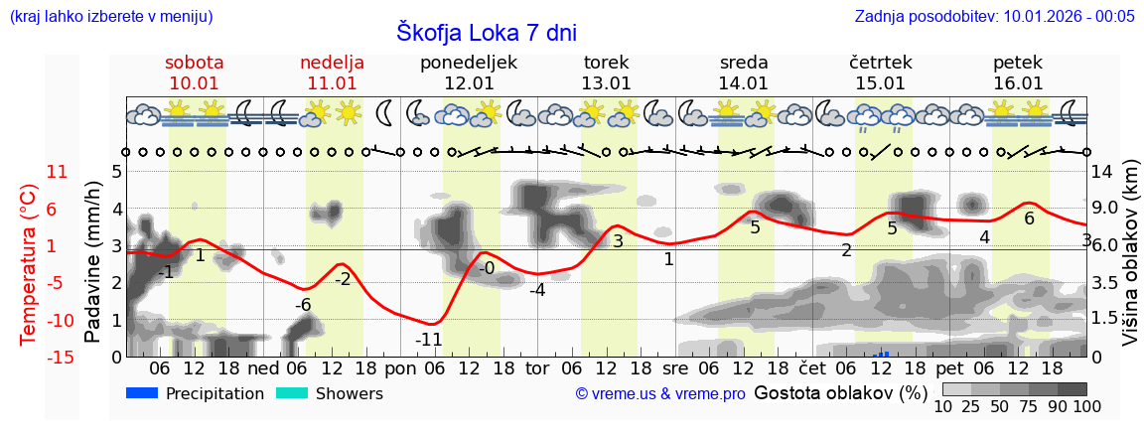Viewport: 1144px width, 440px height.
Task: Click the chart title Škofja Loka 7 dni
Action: [486, 32]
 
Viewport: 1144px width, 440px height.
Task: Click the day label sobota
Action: [195, 63]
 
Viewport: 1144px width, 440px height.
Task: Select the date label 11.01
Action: [332, 83]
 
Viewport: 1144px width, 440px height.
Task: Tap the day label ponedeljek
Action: [469, 63]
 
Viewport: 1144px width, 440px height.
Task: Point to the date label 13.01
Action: [606, 83]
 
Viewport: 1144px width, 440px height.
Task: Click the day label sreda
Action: [744, 63]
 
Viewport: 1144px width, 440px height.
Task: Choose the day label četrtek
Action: [881, 63]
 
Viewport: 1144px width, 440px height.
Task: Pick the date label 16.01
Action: [1018, 83]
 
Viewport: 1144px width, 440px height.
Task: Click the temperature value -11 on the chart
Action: [428, 340]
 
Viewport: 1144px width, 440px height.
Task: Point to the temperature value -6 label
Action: [303, 305]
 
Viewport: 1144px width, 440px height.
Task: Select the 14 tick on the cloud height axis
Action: [1104, 172]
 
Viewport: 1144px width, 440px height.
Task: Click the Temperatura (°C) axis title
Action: [29, 263]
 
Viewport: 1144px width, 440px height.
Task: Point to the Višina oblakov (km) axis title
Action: [1130, 263]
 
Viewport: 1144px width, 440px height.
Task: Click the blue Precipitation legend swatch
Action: [143, 393]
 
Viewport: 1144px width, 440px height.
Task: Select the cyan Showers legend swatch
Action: [293, 393]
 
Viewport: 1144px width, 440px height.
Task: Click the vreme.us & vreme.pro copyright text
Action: [660, 394]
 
